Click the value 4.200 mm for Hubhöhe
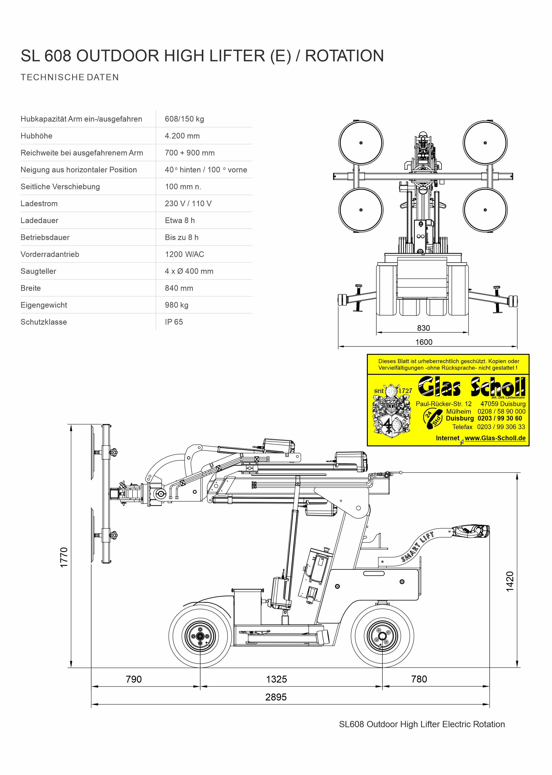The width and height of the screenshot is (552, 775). click(182, 136)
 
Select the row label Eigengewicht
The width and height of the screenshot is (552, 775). click(44, 305)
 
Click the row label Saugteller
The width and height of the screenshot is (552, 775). click(38, 271)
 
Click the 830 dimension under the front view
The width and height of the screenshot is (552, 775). click(424, 328)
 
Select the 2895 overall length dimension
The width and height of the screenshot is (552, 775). click(276, 697)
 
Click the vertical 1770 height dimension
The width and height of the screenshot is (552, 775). click(64, 557)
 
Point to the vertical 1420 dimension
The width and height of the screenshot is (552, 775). click(510, 581)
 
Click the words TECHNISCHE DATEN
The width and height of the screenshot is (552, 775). click(70, 77)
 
